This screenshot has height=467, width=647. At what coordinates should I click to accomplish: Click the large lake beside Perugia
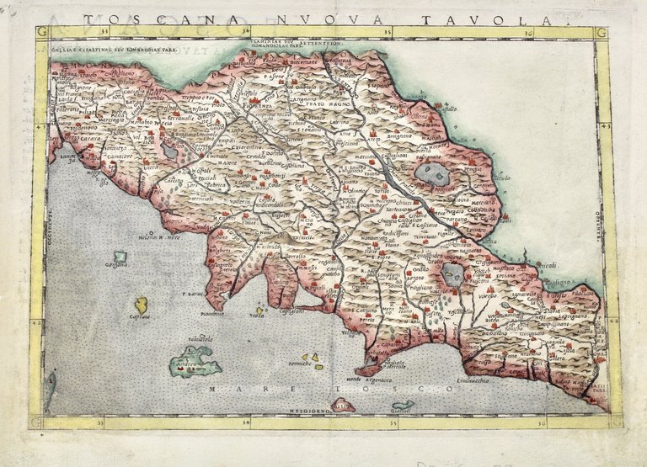[x=432, y=173]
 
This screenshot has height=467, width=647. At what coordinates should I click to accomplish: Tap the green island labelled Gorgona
[x=120, y=257]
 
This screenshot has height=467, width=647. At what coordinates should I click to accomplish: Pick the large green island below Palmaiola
[x=195, y=365]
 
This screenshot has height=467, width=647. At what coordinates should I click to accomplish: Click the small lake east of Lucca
[x=169, y=151]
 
